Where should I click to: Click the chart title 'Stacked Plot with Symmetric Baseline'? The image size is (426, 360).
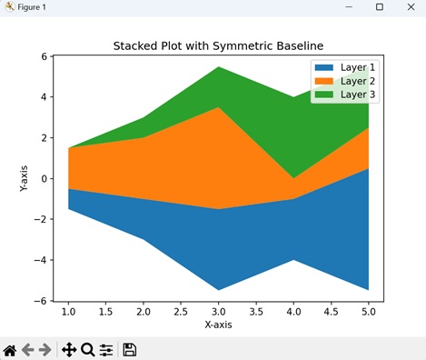218,45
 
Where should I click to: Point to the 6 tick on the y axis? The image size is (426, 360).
43,56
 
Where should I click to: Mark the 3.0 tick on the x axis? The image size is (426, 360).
218,311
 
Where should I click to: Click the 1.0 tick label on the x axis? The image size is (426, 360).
68,311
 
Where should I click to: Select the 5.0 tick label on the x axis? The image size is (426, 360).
368,311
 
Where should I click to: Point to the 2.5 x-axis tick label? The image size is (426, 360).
181,311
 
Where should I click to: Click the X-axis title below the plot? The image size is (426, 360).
218,325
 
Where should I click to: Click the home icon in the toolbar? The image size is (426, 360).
10,349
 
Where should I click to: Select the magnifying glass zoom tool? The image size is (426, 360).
88,349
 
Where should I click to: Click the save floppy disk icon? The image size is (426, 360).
130,349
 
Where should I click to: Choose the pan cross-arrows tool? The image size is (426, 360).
68,349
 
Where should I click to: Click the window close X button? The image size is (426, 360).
406,7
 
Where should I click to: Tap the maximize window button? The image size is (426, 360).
379,7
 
